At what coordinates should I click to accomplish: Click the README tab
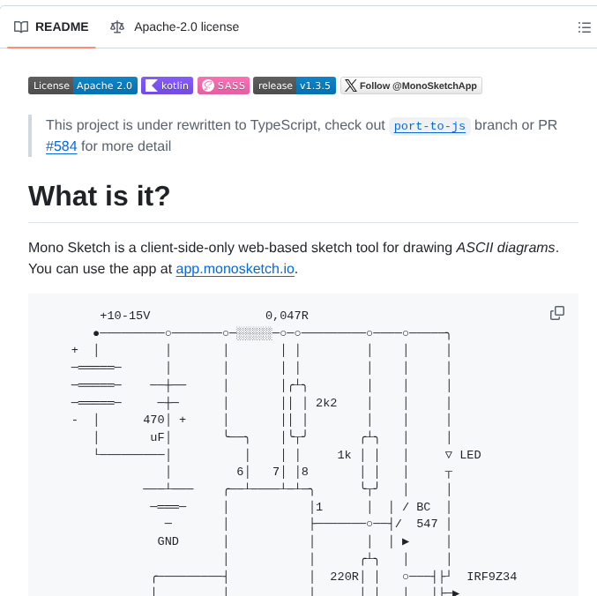coord(52,27)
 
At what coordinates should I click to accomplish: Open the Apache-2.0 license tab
coord(175,27)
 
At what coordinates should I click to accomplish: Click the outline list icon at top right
coord(584,27)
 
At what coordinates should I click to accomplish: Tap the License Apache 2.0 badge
coord(83,86)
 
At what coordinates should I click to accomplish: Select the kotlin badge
coord(167,86)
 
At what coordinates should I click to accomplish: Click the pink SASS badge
coord(223,86)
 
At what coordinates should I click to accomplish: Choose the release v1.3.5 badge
coord(295,86)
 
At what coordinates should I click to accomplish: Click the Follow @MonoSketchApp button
coord(411,86)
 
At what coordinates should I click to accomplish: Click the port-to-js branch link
coord(430,125)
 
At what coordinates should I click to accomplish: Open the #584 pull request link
coord(61,146)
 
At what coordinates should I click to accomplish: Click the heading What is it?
coord(100,195)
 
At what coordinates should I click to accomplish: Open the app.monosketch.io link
coord(235,269)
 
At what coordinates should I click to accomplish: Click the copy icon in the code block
coord(557,313)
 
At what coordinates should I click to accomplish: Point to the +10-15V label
coord(125,316)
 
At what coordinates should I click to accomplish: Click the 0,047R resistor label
coord(287,316)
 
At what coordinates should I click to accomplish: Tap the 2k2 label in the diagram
coord(326,403)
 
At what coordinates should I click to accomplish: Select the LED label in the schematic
coord(470,455)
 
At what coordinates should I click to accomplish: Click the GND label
coord(168,541)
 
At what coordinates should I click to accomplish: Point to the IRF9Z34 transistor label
coord(491,577)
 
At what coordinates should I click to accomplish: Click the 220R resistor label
coord(344,577)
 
